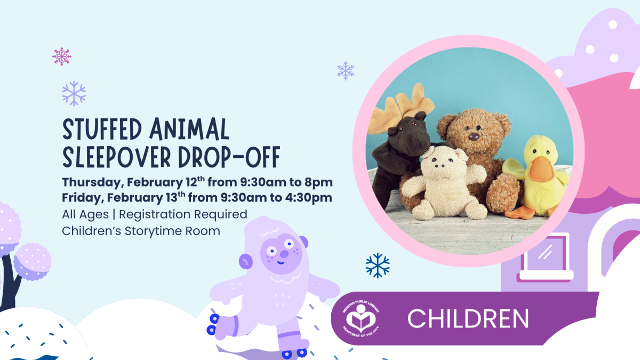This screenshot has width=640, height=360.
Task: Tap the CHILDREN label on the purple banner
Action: pyautogui.click(x=468, y=318)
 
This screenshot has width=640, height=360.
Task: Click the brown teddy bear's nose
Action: pyautogui.click(x=473, y=137)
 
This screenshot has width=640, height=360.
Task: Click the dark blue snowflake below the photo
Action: pyautogui.click(x=378, y=265)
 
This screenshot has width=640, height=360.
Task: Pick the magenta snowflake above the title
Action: pyautogui.click(x=62, y=57)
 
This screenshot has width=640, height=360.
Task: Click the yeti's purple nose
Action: pyautogui.click(x=284, y=255)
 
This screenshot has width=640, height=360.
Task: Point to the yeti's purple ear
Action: pyautogui.click(x=245, y=261)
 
